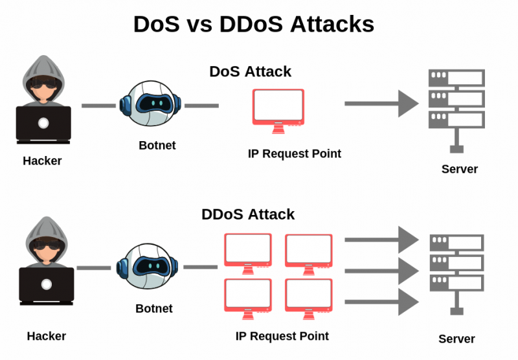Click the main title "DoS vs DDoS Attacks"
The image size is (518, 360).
tap(254, 25)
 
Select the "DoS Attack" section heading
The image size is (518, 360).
tap(250, 71)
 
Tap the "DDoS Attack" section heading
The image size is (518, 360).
tap(248, 214)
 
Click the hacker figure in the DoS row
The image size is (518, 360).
tap(43, 104)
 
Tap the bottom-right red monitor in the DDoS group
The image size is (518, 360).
tap(308, 297)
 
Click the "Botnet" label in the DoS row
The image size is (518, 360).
tap(157, 145)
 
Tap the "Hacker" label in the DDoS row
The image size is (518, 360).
tap(46, 336)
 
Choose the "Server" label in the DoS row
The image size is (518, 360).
tap(459, 169)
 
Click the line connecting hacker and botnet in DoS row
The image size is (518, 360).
tap(98, 106)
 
